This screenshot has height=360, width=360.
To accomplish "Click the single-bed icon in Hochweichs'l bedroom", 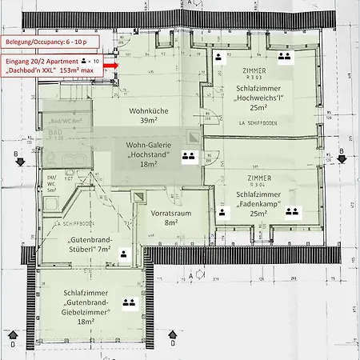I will (218, 58).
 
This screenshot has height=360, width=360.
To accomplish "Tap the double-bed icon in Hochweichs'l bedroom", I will (283, 58).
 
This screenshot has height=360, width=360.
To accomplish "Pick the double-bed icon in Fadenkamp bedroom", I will (291, 211).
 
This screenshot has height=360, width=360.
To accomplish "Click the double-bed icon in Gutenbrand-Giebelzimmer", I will (127, 303).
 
